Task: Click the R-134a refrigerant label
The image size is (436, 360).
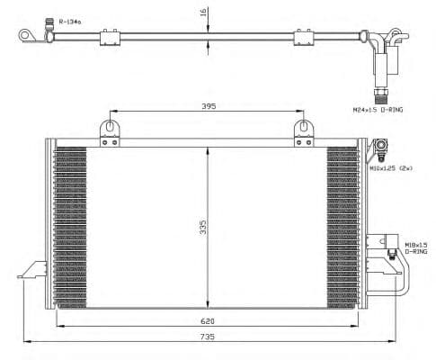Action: point(69,20)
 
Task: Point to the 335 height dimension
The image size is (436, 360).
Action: point(204,224)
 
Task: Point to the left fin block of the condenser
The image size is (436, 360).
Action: point(71,225)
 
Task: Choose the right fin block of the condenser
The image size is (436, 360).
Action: point(342,225)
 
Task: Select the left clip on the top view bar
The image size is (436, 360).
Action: point(110,37)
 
